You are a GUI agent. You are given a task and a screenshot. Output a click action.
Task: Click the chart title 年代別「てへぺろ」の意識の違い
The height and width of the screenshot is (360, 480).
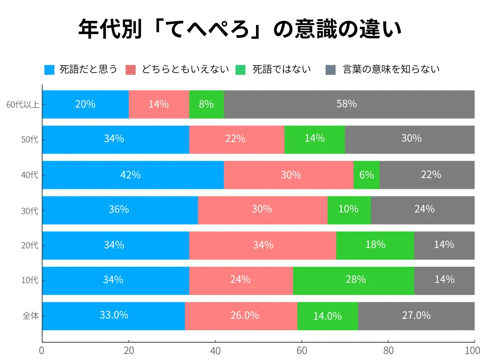pos(240,28)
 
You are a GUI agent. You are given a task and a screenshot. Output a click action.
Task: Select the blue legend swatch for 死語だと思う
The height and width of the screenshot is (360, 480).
pos(49,70)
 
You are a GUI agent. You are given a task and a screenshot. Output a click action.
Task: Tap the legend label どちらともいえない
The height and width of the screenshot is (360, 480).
pos(185,70)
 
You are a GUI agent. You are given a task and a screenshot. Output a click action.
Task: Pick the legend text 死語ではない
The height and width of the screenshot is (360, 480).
pos(282,70)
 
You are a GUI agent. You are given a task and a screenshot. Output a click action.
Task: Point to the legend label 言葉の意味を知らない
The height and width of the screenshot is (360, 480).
pos(391,70)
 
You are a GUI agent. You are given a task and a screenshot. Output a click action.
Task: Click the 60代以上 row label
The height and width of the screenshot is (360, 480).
pos(22,105)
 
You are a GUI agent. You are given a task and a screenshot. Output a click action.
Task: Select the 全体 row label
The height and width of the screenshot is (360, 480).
pos(30,316)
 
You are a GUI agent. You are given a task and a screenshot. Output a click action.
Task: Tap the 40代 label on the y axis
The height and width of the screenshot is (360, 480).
pos(30,175)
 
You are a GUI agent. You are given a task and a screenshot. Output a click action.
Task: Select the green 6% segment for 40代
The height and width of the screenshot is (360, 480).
pos(366,175)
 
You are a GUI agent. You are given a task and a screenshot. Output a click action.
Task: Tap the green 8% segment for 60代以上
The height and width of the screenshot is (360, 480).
pos(206,104)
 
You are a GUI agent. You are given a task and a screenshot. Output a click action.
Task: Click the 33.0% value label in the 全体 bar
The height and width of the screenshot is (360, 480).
pos(114,315)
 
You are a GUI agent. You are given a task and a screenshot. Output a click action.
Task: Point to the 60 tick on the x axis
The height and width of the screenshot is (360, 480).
pos(302,351)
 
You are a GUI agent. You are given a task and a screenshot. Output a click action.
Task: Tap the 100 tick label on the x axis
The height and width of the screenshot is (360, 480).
pos(473,351)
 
